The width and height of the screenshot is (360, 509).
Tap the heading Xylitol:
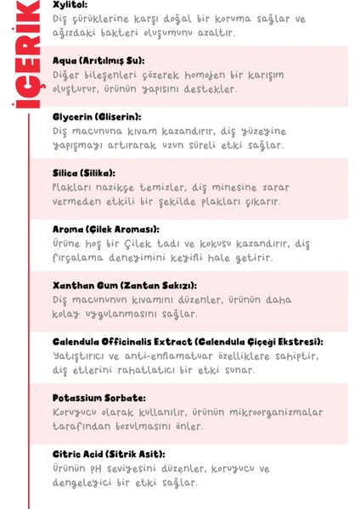[70, 4]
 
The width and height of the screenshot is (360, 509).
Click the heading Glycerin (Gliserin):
[97, 116]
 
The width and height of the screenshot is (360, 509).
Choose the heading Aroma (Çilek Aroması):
[106, 229]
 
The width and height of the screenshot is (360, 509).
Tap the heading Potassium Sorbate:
[98, 398]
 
